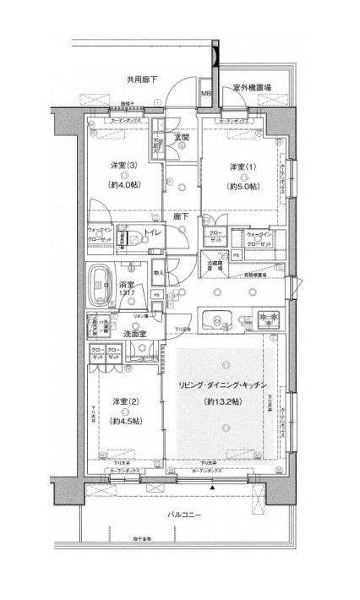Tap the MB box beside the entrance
coord(205,94)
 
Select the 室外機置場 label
coord(252,87)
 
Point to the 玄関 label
coord(181,137)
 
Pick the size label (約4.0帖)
coord(123,183)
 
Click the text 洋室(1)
coord(242,166)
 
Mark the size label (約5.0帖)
coord(242,185)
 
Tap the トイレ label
coord(153,232)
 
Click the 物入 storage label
coord(159,273)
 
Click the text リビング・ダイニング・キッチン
coord(223,385)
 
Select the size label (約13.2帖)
coord(223,403)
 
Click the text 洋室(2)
coord(125,401)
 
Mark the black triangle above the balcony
coord(213,488)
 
